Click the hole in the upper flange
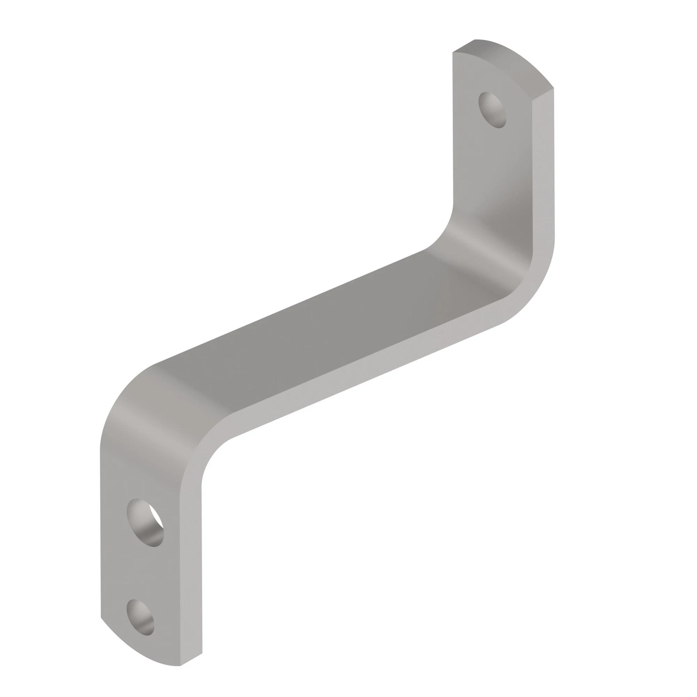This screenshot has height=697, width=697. [x=492, y=110]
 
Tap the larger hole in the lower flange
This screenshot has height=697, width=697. [x=145, y=523]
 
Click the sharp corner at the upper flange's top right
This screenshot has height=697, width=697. [x=553, y=88]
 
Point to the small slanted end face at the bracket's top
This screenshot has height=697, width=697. [x=464, y=46]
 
